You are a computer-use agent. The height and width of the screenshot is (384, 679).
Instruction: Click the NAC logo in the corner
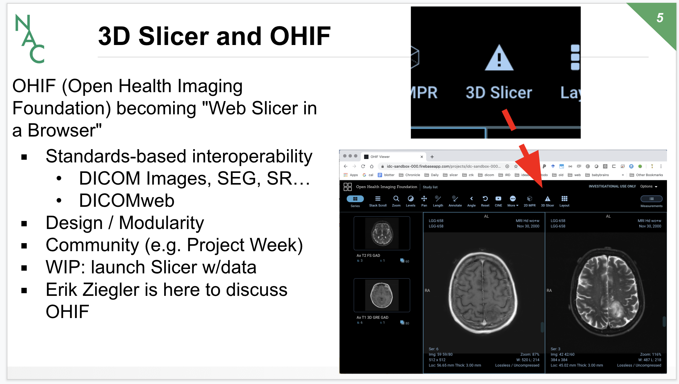click(x=30, y=39)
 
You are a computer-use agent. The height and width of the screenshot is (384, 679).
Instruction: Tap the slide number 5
click(x=660, y=18)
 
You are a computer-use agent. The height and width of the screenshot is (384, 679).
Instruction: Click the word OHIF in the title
click(x=300, y=36)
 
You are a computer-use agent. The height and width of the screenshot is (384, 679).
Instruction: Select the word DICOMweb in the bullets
click(x=127, y=201)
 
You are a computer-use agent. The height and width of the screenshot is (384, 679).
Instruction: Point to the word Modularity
click(x=161, y=223)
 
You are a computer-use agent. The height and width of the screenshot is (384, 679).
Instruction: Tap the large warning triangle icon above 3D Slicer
click(x=499, y=59)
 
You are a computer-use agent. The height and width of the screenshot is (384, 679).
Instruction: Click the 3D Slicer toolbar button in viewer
click(x=547, y=201)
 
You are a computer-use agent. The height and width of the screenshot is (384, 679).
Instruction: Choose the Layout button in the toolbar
click(x=564, y=201)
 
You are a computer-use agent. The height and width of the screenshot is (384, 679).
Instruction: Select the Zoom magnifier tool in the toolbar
click(x=396, y=201)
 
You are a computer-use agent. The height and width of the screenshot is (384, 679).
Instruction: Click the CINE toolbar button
click(x=498, y=201)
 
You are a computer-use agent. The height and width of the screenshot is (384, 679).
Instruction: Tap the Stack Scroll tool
click(x=378, y=201)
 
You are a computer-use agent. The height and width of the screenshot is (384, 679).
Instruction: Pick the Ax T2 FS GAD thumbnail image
click(x=382, y=233)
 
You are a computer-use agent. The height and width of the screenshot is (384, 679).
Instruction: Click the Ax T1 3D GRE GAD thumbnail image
click(x=382, y=295)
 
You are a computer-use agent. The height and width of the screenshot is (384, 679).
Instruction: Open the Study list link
click(x=430, y=187)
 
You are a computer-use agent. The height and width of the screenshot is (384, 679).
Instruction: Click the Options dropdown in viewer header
click(x=648, y=186)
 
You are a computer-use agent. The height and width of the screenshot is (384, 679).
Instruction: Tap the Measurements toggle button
click(x=651, y=199)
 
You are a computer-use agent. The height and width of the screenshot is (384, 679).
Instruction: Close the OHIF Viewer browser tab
click(x=422, y=157)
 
